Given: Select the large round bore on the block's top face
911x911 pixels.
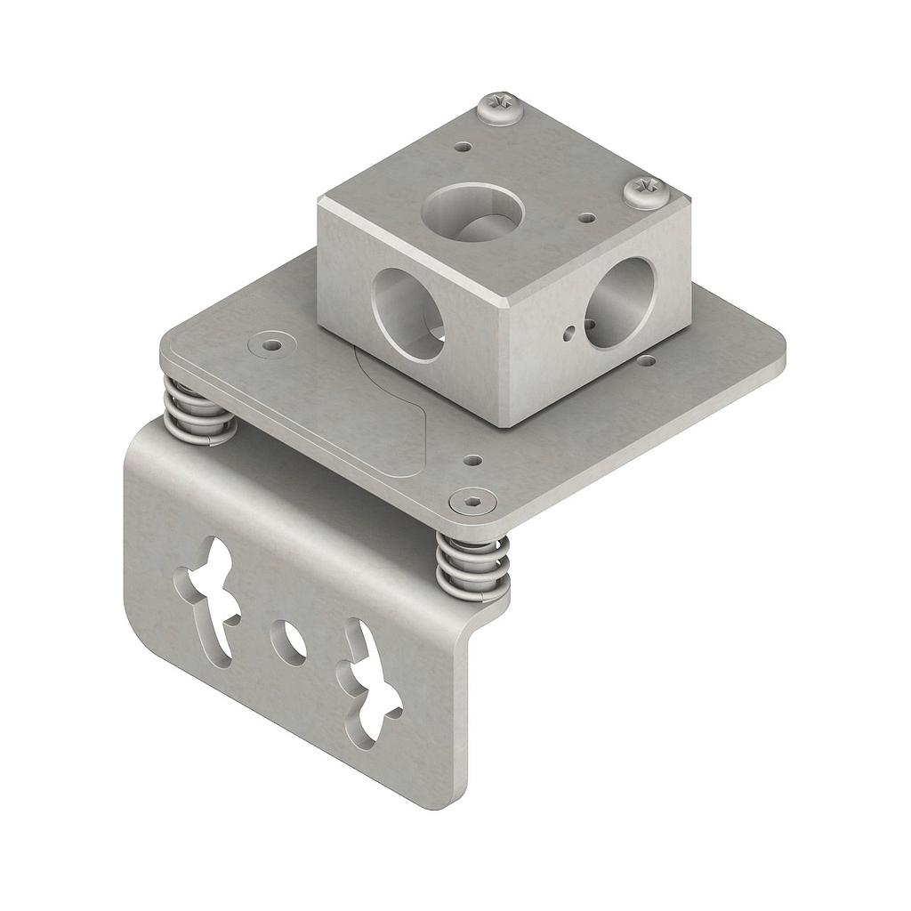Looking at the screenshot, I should (472, 213).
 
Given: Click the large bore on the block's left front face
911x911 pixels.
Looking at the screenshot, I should (408, 314).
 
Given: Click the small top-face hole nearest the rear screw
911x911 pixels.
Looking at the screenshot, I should (463, 147).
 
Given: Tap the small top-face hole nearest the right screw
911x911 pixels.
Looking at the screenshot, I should (586, 217).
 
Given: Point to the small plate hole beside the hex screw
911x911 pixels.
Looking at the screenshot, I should (473, 461).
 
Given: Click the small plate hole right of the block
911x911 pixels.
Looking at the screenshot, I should (647, 361).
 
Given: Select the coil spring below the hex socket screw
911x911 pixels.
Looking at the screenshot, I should (473, 568).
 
